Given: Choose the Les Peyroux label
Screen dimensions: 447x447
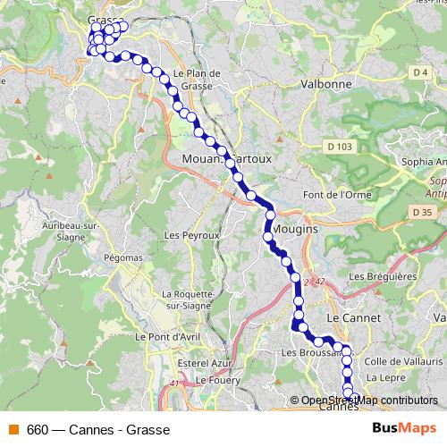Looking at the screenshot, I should pos(187,235).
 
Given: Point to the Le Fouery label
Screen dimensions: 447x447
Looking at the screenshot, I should pos(214,380).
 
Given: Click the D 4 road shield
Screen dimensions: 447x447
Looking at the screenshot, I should pos(421,71).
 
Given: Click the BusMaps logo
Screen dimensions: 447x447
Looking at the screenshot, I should pos(404,428).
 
